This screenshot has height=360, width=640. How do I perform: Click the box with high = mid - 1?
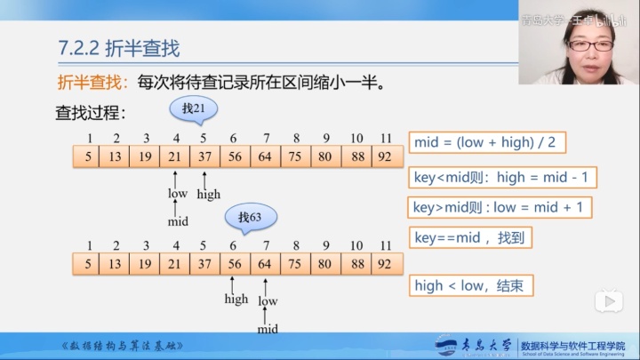point(502,176)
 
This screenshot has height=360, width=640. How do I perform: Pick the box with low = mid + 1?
point(501,207)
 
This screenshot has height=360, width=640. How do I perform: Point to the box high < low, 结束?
point(474,285)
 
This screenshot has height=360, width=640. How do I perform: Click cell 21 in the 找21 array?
point(175,157)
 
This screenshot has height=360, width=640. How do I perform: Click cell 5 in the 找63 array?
point(88,263)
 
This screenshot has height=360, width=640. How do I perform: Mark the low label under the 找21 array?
point(178,194)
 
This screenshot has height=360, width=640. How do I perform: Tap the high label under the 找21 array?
point(209,194)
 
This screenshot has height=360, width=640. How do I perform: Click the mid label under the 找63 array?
point(268,329)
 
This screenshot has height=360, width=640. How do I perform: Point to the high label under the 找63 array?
point(236,300)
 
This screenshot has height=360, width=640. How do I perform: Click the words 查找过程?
point(92,113)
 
